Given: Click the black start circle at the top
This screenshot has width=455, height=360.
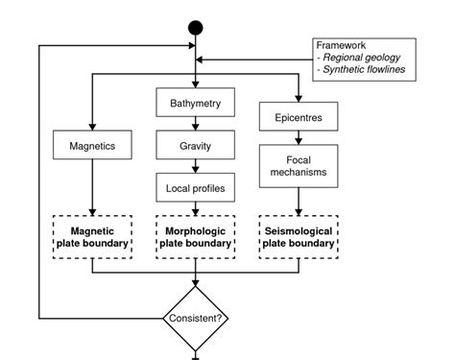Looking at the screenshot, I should [196, 26].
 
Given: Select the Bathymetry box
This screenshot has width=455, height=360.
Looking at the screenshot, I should [196, 101].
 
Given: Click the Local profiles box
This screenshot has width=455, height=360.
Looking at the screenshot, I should [196, 187].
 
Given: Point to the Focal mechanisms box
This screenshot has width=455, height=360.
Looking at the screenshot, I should [298, 166].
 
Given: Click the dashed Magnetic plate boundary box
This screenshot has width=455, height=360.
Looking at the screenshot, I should [92, 236].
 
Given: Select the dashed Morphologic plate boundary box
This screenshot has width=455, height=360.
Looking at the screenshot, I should [196, 236].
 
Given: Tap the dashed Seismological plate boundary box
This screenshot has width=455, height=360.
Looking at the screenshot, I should [298, 236].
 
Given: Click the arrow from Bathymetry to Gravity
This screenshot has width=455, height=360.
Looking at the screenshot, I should [196, 123].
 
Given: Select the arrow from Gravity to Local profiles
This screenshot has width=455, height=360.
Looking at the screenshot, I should [196, 166].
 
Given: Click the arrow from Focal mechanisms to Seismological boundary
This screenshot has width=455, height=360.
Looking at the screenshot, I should [298, 200].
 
